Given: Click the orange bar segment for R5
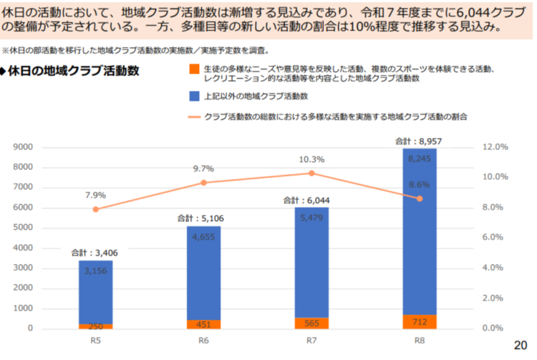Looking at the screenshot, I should (95, 326).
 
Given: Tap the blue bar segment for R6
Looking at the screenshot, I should (203, 273).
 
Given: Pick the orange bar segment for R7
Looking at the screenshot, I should (311, 323).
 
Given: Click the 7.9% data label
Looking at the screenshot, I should (95, 195).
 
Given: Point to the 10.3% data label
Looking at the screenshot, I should (311, 159).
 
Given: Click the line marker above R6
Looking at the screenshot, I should (203, 183).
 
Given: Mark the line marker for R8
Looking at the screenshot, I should (420, 198).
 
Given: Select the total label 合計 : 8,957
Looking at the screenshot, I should (419, 142).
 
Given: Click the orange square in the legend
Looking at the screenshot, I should (194, 69).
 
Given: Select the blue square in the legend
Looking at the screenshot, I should (194, 95).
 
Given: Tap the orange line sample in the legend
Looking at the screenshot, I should (194, 116).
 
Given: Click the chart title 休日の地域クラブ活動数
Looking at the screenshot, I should (72, 72).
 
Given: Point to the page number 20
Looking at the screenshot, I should (521, 345).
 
